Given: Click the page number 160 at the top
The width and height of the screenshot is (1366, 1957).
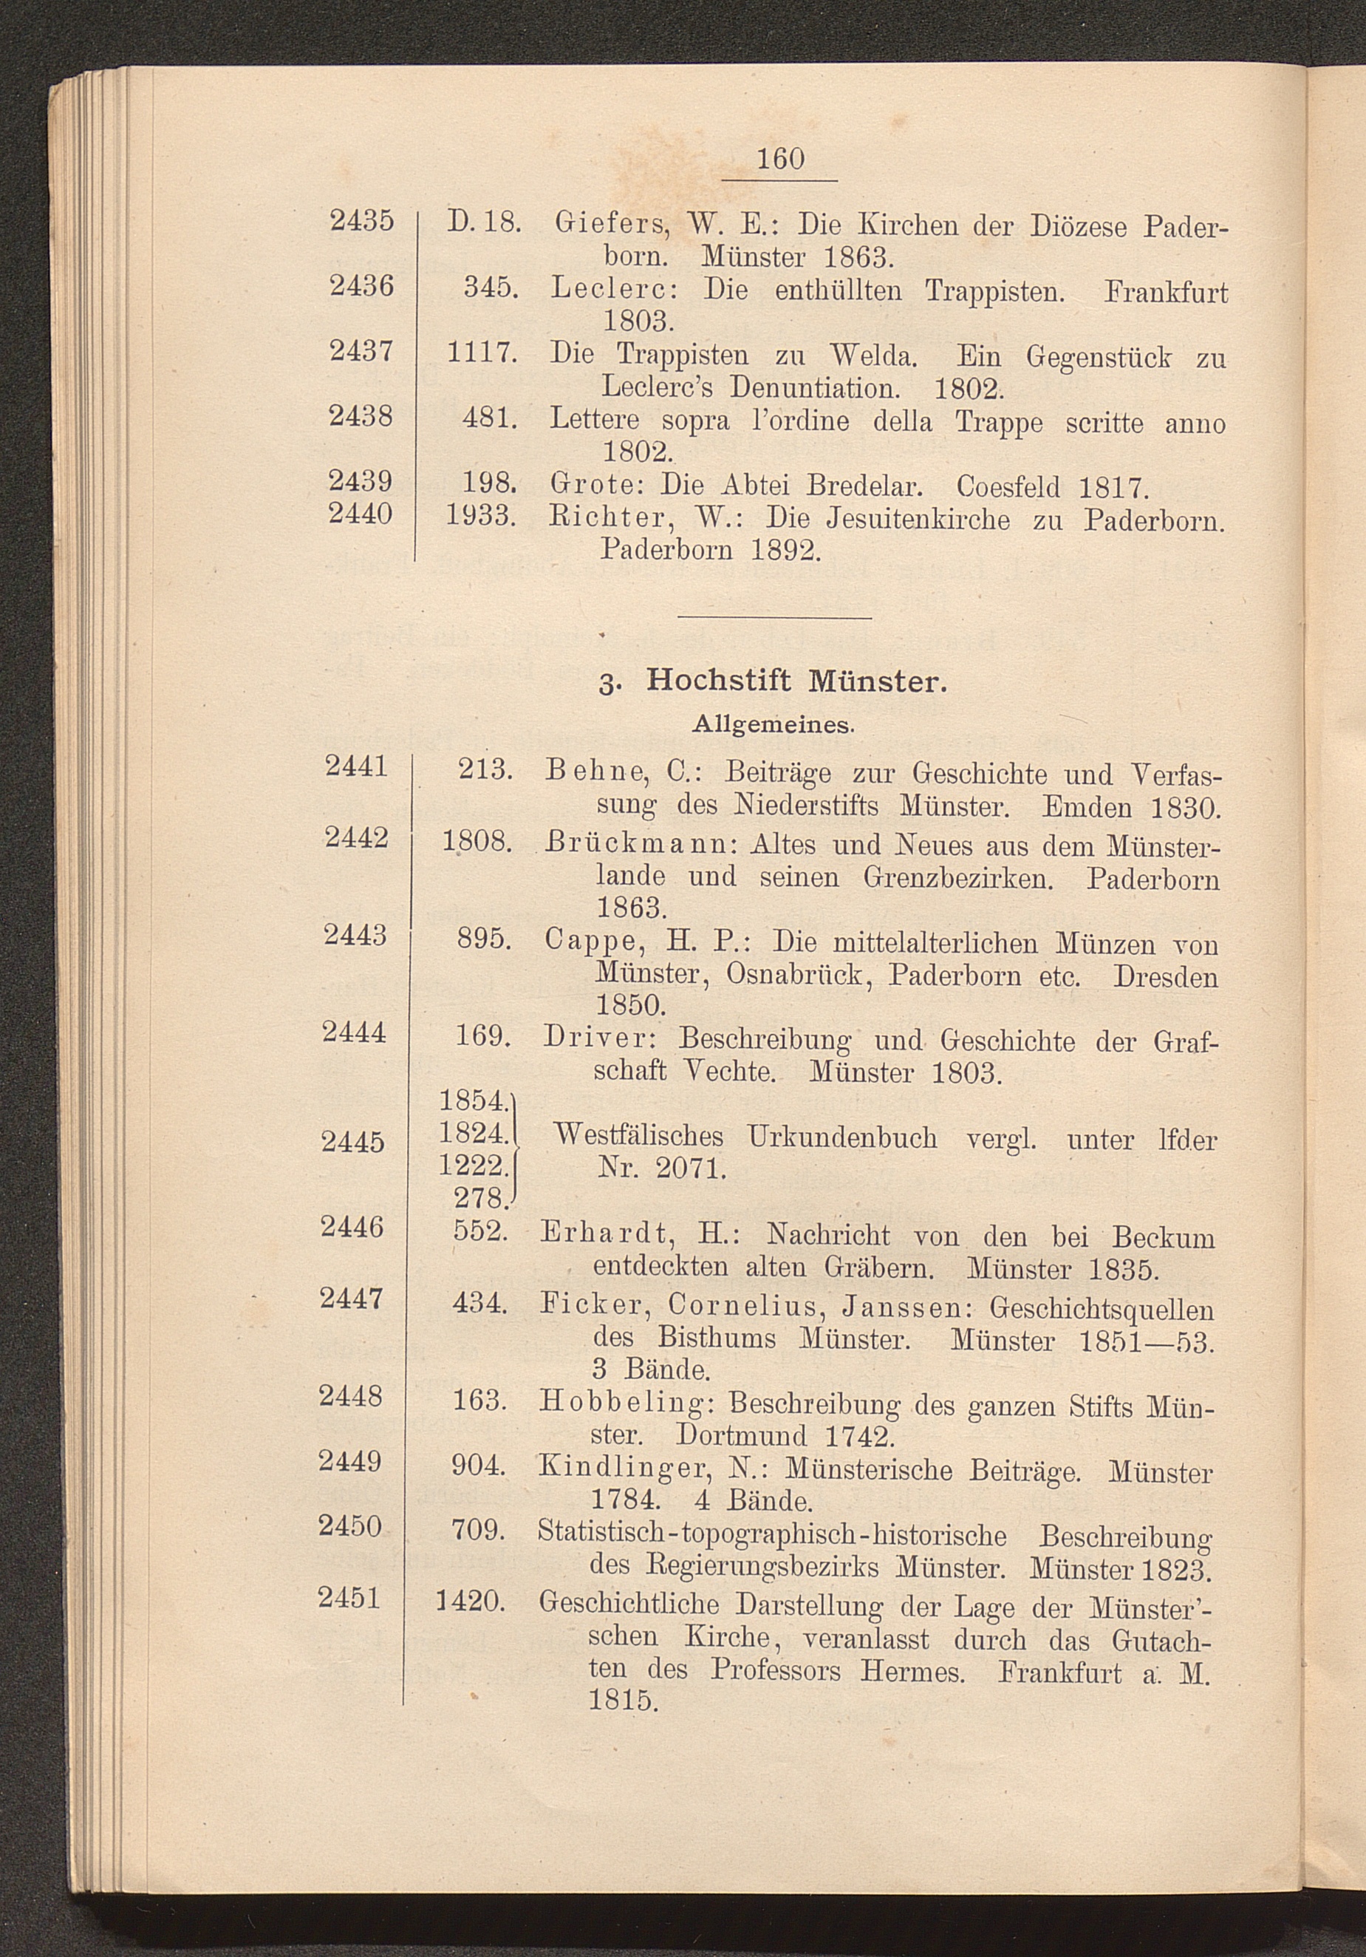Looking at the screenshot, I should pyautogui.click(x=779, y=159).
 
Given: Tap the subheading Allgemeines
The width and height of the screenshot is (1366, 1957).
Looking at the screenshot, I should pyautogui.click(x=774, y=724).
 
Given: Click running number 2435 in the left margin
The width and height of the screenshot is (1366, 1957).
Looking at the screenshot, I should pyautogui.click(x=361, y=221).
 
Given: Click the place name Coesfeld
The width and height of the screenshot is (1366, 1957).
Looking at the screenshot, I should pyautogui.click(x=1009, y=487).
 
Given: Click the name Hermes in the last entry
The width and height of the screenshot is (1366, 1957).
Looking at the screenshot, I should pyautogui.click(x=912, y=1670).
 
